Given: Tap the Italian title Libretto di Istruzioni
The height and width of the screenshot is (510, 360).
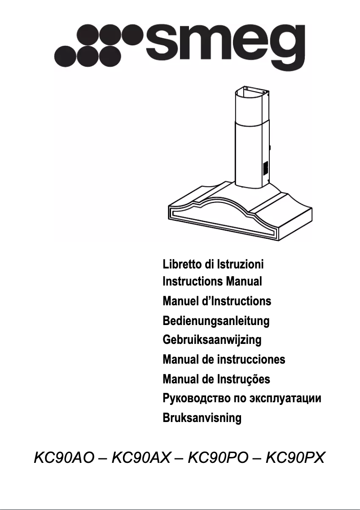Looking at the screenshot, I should (x=213, y=264).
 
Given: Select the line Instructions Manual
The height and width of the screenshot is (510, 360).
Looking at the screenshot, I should (x=212, y=282).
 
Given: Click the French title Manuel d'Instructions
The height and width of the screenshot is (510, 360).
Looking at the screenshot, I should (x=217, y=301).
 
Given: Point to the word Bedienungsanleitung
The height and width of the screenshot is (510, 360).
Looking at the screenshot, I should (x=216, y=321).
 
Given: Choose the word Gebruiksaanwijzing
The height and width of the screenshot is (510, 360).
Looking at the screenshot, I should (x=212, y=340).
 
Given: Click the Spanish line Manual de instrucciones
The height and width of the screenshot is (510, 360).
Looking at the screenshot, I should (x=224, y=360).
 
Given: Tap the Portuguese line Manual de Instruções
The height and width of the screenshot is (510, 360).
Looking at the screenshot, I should (x=216, y=379).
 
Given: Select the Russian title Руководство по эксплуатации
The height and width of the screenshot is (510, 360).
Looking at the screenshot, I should (x=242, y=398).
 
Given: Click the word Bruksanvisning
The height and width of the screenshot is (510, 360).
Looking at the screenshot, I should (x=202, y=418).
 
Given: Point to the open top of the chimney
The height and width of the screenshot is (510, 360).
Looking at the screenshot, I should (x=250, y=89).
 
